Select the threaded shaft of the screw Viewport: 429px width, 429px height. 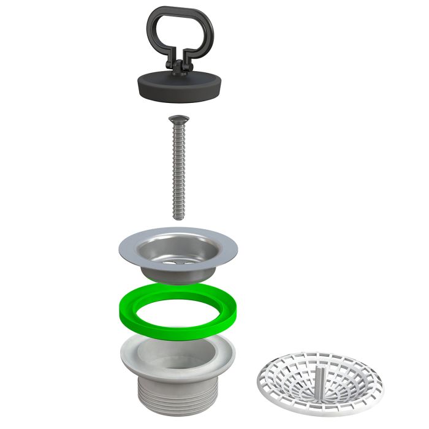[178, 172]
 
